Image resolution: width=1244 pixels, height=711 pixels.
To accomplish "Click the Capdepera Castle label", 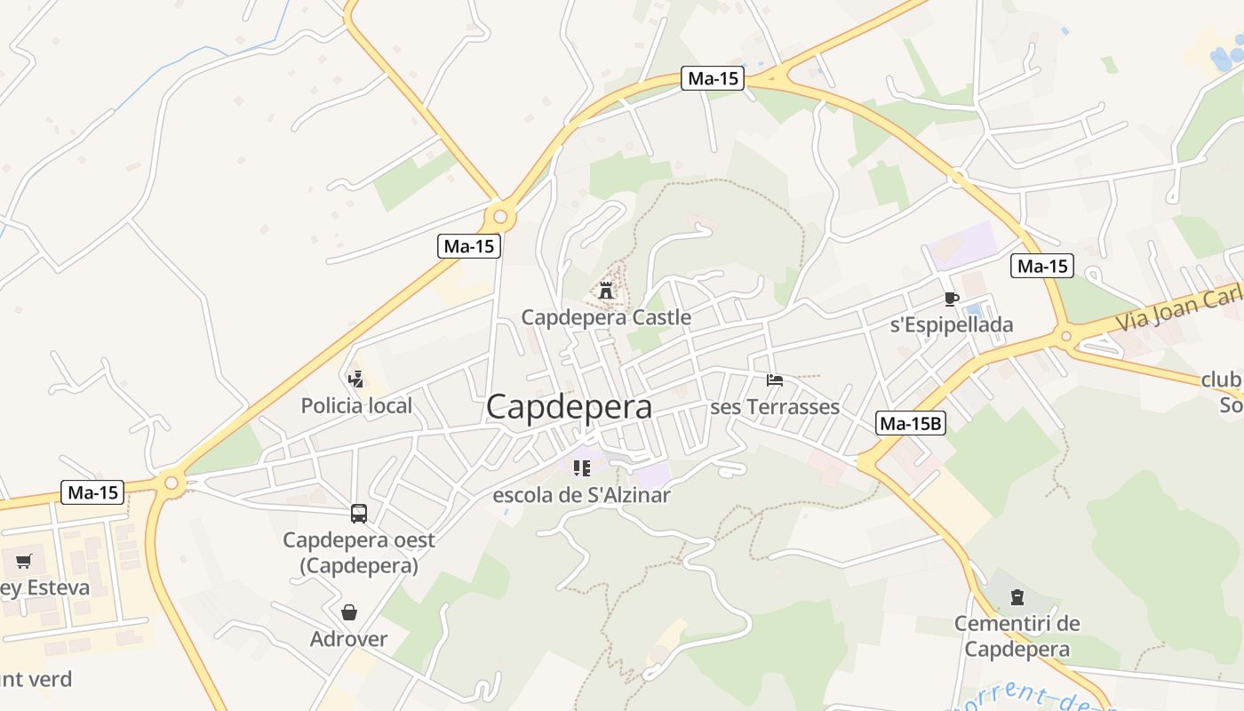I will coord(606,317).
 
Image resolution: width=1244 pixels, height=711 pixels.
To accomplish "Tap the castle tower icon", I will coord(606,290).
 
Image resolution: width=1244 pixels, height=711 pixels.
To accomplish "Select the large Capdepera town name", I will coord(569,407).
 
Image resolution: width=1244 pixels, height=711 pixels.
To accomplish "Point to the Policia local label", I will coord(356,406).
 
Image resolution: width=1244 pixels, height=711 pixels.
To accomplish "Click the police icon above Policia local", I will coord(356,379).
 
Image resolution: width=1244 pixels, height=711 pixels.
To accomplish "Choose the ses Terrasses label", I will coord(775,407).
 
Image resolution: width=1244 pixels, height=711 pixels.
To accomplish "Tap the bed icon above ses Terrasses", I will coord(775,380).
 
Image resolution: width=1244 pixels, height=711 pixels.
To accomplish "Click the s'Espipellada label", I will coord(952,325).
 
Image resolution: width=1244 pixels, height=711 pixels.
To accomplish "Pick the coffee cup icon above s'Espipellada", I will coord(952,299).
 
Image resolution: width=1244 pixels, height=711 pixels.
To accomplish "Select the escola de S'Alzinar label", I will coord(582,495).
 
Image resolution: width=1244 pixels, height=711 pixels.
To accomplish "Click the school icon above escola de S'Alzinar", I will coord(582,467).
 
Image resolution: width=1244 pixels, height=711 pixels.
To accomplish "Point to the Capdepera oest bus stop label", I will coord(359,552).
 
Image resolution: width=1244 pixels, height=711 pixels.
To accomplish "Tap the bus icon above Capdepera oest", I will coord(359,513).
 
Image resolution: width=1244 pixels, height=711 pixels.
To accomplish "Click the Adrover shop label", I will coord(349,639).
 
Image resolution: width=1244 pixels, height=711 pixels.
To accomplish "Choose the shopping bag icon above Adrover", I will coord(349,612).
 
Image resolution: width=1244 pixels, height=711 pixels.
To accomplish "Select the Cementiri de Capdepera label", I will coord(1017,635).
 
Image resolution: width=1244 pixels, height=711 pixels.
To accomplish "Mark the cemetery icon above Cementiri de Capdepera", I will coord(1017,597).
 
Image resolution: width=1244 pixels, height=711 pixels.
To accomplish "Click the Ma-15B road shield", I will coord(910,424).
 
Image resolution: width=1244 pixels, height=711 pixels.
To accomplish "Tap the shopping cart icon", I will coord(24,561).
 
